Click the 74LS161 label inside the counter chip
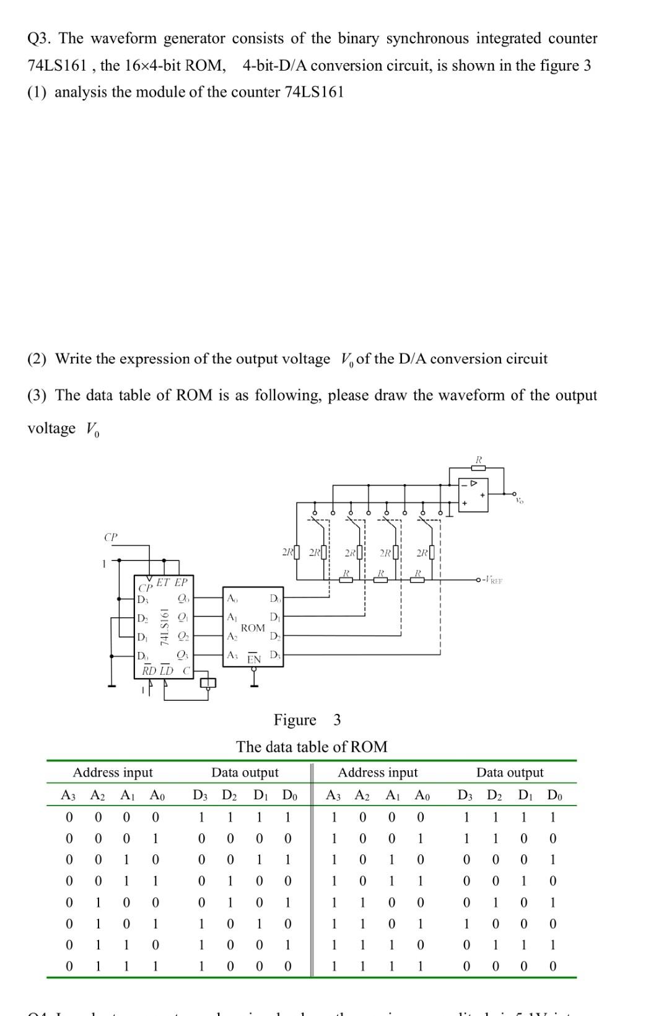165,627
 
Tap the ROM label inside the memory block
253,628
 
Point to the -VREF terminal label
493,580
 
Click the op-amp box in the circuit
473,494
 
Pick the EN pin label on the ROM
254,659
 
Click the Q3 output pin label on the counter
183,655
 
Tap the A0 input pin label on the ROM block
232,598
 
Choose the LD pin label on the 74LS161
167,671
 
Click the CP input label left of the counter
110,537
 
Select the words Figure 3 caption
307,719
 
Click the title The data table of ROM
312,747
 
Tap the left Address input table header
113,772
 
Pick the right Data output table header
509,772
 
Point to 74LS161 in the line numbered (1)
313,92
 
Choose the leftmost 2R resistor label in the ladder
287,551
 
